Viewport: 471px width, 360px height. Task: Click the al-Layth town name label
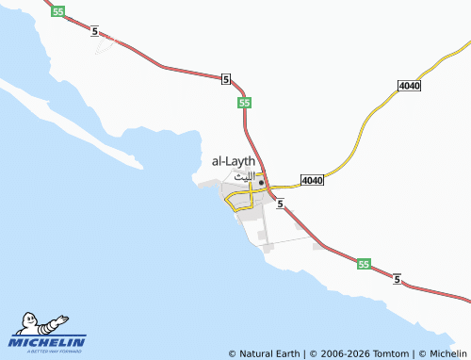(x=234, y=162)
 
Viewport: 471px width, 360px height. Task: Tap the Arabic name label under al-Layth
(x=243, y=176)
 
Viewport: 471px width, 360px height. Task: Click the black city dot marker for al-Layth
(x=261, y=183)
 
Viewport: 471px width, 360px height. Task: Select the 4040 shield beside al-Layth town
(x=312, y=180)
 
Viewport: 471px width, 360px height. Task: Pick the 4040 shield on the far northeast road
(x=409, y=87)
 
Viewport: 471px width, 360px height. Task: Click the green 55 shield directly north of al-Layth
(x=244, y=102)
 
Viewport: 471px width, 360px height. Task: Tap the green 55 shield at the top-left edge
(x=58, y=11)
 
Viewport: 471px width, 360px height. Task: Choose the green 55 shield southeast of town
(x=365, y=266)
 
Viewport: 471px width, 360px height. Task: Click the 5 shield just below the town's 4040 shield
(x=281, y=203)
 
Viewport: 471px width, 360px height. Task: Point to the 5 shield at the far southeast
(x=398, y=280)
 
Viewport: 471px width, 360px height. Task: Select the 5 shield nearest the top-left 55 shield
(x=95, y=32)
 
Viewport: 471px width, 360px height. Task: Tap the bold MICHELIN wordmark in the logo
(x=47, y=341)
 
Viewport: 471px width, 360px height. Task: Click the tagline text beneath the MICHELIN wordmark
(x=47, y=351)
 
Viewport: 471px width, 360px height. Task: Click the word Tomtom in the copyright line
(x=387, y=353)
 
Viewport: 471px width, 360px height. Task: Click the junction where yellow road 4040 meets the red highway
(x=270, y=188)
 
